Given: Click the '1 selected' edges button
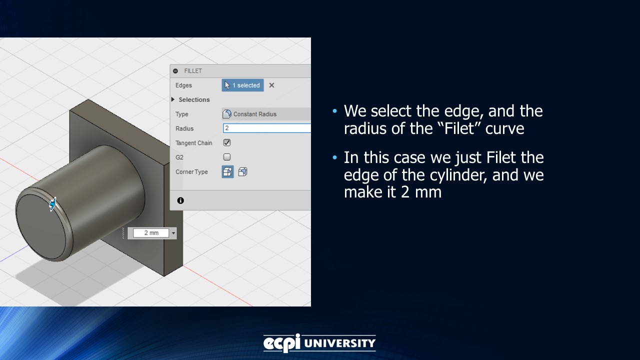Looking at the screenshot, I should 242,85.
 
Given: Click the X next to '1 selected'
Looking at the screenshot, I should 271,85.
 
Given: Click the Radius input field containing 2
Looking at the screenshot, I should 266,128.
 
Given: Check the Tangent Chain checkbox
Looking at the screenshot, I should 227,142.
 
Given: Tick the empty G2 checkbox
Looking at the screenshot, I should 227,157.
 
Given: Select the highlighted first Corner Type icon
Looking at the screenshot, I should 227,172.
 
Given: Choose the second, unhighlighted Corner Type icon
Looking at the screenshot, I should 242,172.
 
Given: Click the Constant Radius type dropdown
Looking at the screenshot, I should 265,114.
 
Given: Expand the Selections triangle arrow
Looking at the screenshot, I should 173,99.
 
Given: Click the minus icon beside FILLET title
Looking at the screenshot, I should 175,71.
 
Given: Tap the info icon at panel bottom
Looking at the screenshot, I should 180,200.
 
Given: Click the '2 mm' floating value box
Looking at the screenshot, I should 151,233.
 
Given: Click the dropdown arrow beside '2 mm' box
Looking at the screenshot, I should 173,233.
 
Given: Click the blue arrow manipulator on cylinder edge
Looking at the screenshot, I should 52,204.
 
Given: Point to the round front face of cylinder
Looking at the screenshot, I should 42,225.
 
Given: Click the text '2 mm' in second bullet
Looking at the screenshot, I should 421,191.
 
